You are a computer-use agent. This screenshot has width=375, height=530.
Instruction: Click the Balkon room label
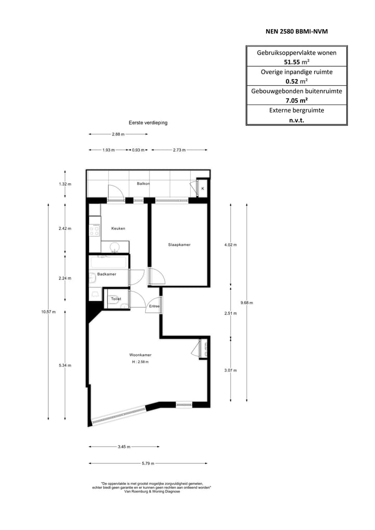click(143, 184)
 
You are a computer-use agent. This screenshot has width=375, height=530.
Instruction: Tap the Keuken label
click(118, 228)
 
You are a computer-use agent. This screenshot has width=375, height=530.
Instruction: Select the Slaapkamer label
click(179, 244)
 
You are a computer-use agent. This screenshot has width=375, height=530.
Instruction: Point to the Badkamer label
click(107, 274)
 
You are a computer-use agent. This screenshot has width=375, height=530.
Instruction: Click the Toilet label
click(115, 299)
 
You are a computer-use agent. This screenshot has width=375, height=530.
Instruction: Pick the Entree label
click(154, 306)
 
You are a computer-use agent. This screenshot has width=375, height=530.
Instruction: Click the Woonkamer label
click(140, 355)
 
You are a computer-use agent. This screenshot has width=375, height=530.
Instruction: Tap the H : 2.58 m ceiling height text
click(140, 362)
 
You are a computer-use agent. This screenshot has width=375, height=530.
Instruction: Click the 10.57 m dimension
click(48, 312)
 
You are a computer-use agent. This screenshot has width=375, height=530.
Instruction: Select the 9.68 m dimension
click(246, 302)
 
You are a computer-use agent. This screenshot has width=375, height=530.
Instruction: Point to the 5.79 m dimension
click(147, 463)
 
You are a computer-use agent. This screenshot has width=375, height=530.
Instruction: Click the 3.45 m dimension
click(123, 447)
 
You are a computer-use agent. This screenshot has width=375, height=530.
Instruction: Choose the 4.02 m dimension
click(230, 245)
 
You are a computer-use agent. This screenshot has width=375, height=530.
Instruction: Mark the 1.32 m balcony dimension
click(65, 184)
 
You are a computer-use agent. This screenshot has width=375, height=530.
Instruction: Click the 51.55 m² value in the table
click(296, 61)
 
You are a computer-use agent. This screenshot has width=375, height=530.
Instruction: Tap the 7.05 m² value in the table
click(296, 100)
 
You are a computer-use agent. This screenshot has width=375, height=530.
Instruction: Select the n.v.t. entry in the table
click(296, 120)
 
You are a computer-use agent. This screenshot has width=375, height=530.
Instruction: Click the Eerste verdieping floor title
click(148, 123)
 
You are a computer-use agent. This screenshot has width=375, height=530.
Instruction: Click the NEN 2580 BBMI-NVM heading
click(296, 32)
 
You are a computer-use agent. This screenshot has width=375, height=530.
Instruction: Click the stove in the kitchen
click(94, 229)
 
